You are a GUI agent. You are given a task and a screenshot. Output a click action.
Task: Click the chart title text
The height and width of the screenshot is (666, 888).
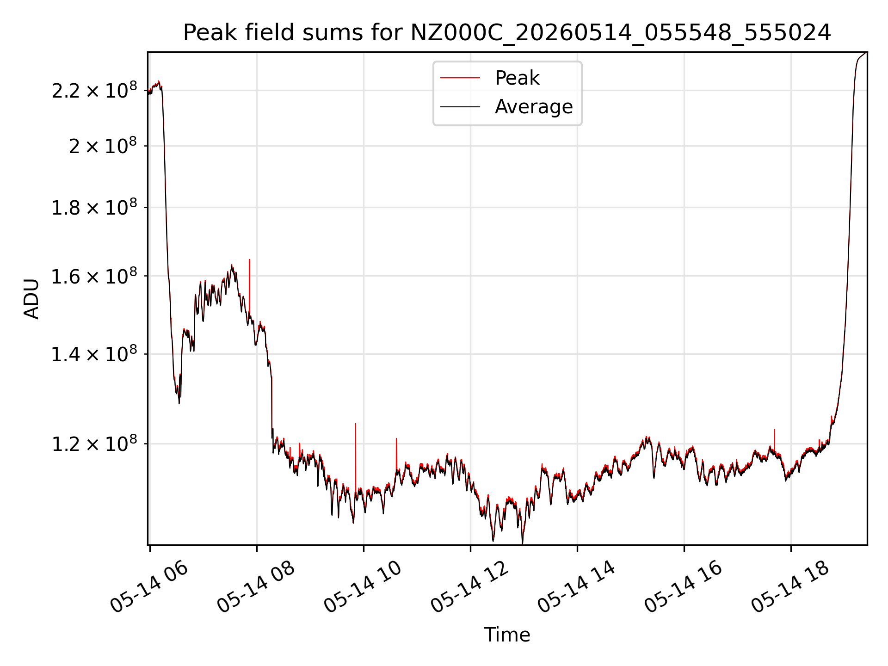(x=507, y=33)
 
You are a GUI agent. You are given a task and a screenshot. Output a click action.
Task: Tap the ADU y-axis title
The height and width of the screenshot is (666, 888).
(x=31, y=298)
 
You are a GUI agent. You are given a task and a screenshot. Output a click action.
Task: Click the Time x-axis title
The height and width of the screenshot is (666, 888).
(x=507, y=635)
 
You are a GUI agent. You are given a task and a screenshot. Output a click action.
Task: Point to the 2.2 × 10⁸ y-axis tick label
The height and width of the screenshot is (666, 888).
(x=94, y=90)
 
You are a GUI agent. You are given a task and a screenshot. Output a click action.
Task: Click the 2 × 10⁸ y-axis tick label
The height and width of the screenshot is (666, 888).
(x=103, y=146)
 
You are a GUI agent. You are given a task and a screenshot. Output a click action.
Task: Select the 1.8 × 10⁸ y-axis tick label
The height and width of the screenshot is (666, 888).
(x=94, y=207)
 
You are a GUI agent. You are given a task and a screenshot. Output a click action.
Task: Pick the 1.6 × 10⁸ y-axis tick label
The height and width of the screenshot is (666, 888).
(x=94, y=276)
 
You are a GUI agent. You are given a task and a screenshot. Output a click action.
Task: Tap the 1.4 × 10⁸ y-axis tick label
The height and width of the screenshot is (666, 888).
(x=94, y=354)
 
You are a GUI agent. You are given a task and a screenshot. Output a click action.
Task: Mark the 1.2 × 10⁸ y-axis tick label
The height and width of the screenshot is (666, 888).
(x=94, y=444)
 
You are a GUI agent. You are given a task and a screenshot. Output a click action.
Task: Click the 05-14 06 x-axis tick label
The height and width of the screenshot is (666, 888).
(x=149, y=587)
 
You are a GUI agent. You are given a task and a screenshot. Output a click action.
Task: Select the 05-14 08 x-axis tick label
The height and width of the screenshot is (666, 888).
(x=256, y=587)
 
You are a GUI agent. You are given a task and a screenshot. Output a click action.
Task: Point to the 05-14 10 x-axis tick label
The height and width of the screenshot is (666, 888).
(x=363, y=587)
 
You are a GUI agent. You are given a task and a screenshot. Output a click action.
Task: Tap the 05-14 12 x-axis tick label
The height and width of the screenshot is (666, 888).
(x=469, y=587)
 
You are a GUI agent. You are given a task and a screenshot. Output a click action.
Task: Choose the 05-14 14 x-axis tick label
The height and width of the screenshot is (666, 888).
(x=576, y=587)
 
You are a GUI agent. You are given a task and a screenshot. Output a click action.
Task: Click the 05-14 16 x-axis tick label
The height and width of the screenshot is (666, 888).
(x=683, y=587)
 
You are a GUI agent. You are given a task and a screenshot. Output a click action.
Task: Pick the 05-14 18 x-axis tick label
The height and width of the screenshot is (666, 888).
(x=790, y=587)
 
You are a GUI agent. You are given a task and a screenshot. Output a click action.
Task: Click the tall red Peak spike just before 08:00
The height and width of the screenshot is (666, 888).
(x=249, y=287)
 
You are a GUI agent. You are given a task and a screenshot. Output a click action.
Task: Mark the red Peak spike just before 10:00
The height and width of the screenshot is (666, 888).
(x=356, y=458)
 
